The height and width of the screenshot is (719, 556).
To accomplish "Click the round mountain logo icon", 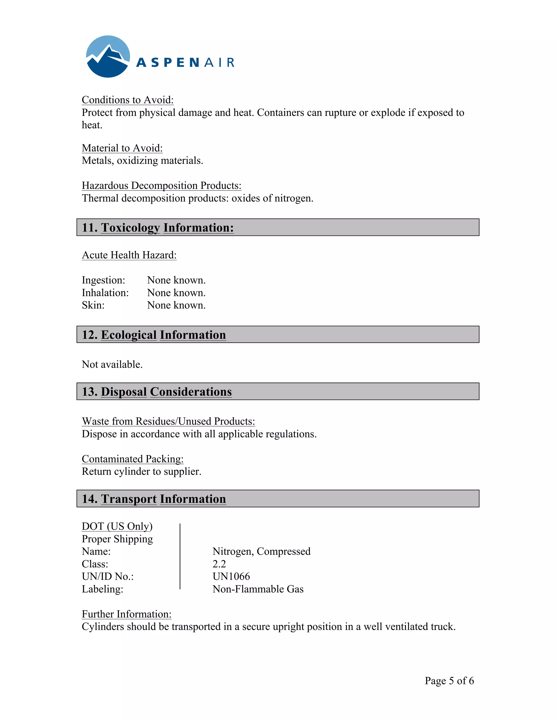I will [x=108, y=57].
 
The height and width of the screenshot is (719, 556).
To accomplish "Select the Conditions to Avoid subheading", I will [x=128, y=100].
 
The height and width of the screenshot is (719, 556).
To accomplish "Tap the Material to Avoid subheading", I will [x=122, y=148].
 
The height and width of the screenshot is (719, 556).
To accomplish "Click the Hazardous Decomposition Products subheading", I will [x=162, y=185].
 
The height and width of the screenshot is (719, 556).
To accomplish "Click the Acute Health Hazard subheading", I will [x=129, y=255].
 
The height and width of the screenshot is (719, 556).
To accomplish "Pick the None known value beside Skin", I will [x=176, y=305].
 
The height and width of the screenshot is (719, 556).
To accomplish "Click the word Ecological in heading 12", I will [x=129, y=335].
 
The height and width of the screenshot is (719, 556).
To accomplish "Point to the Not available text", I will [x=112, y=364].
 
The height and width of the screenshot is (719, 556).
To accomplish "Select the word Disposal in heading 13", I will [x=124, y=392].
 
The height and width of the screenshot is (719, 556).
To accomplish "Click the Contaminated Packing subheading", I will [x=132, y=459].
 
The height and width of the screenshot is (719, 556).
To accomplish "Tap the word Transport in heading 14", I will [x=129, y=499].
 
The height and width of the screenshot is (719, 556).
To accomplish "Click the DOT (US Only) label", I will [x=117, y=526].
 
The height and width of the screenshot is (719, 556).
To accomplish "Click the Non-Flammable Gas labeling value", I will [x=258, y=589].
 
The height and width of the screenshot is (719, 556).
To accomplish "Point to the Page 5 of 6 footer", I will [x=449, y=680].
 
